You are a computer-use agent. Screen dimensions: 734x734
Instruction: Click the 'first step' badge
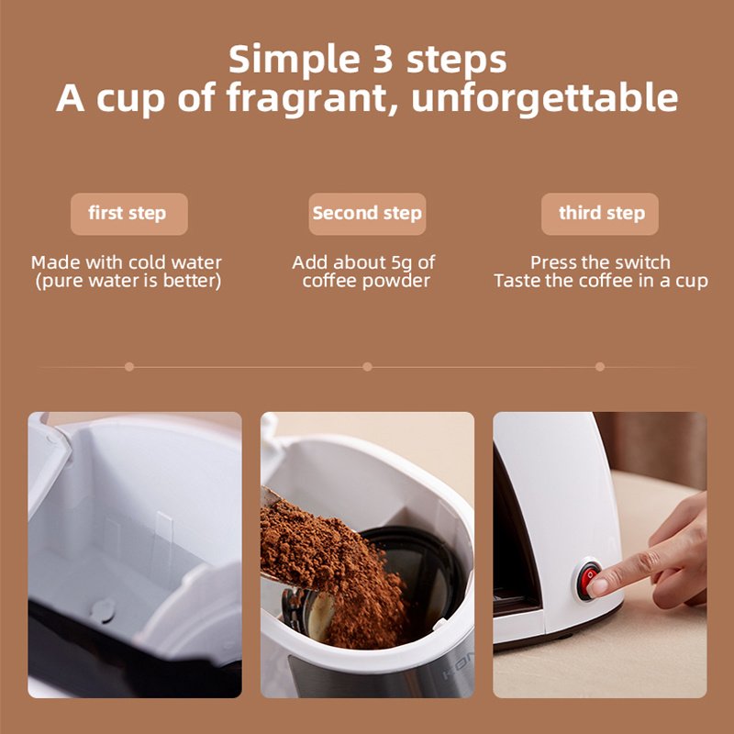(128, 214)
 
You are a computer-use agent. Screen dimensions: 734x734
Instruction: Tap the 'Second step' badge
(367, 214)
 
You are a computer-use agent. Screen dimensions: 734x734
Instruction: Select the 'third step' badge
(600, 214)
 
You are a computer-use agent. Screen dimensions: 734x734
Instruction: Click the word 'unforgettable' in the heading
(545, 98)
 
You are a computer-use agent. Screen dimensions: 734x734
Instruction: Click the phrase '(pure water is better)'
(128, 281)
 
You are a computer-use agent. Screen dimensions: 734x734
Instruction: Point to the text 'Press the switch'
(600, 262)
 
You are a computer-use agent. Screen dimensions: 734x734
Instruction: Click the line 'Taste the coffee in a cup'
(600, 281)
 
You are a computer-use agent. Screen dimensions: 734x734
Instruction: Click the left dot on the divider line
(129, 366)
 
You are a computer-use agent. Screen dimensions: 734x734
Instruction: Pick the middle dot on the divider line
(367, 366)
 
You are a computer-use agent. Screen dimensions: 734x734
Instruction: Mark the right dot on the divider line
(600, 366)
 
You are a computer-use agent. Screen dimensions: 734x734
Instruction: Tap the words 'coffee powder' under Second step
(367, 281)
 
